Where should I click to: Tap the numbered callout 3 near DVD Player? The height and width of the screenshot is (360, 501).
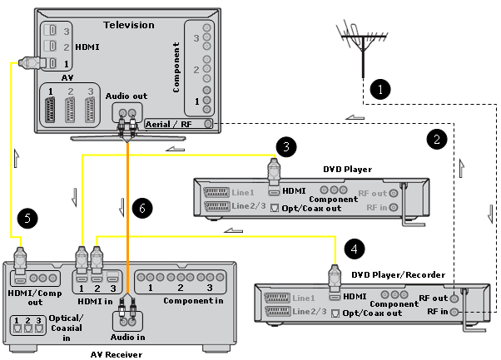(285, 147)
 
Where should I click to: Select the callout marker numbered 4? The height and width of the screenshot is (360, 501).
(355, 248)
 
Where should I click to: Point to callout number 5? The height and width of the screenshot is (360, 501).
(27, 219)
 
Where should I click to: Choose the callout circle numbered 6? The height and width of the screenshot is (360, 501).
(142, 210)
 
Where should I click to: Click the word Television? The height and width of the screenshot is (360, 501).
(128, 25)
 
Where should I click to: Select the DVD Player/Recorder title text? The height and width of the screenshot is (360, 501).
(398, 274)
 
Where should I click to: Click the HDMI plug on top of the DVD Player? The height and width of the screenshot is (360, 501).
(272, 170)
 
